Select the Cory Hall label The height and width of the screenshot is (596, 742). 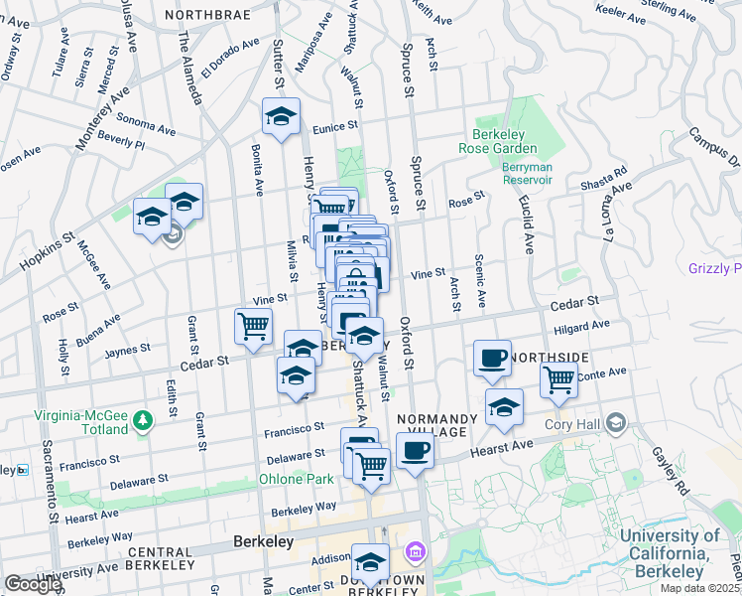(570, 425)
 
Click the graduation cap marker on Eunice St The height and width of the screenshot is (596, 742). (281, 117)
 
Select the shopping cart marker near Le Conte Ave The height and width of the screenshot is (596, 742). (559, 379)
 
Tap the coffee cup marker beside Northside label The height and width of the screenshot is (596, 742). (492, 360)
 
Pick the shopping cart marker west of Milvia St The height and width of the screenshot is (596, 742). (254, 326)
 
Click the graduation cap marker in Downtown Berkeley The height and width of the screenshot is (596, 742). (370, 563)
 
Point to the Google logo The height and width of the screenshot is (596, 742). (32, 584)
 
